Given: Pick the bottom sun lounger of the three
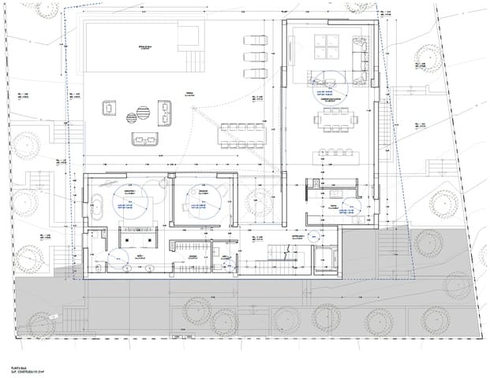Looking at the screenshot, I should coord(254,73).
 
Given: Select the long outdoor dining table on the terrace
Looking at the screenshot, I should coord(242,135).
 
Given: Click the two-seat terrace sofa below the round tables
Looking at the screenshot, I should coord(142,140).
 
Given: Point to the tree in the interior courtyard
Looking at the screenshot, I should coord(257,201).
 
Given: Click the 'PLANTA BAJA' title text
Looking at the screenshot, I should coord(19,367).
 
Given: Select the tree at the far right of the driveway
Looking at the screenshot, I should coord(435,319).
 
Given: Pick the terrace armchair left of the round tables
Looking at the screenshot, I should coord(108,109).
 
